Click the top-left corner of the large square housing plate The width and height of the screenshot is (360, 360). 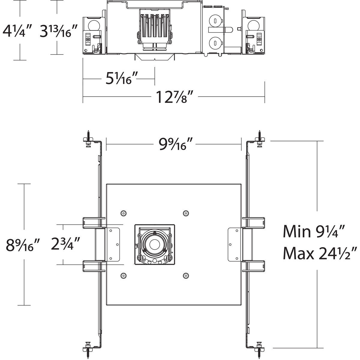pos(106,184)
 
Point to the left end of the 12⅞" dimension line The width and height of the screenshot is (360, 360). pos(83,97)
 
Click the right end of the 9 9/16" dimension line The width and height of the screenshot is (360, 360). pos(241,144)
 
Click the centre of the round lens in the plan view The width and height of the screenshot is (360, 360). pos(154,244)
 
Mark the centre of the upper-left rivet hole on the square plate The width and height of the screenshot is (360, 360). pos(123,213)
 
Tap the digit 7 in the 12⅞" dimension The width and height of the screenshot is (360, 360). pos(179,94)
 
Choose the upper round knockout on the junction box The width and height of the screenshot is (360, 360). pos(215,21)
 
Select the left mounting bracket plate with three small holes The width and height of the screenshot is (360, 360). pos(113,244)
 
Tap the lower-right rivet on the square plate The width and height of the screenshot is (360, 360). pos(185,275)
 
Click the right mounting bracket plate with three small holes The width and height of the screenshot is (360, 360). pos(235,244)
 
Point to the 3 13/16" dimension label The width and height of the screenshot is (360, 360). pos(58,31)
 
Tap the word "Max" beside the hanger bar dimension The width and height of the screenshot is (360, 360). pos(298,253)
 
